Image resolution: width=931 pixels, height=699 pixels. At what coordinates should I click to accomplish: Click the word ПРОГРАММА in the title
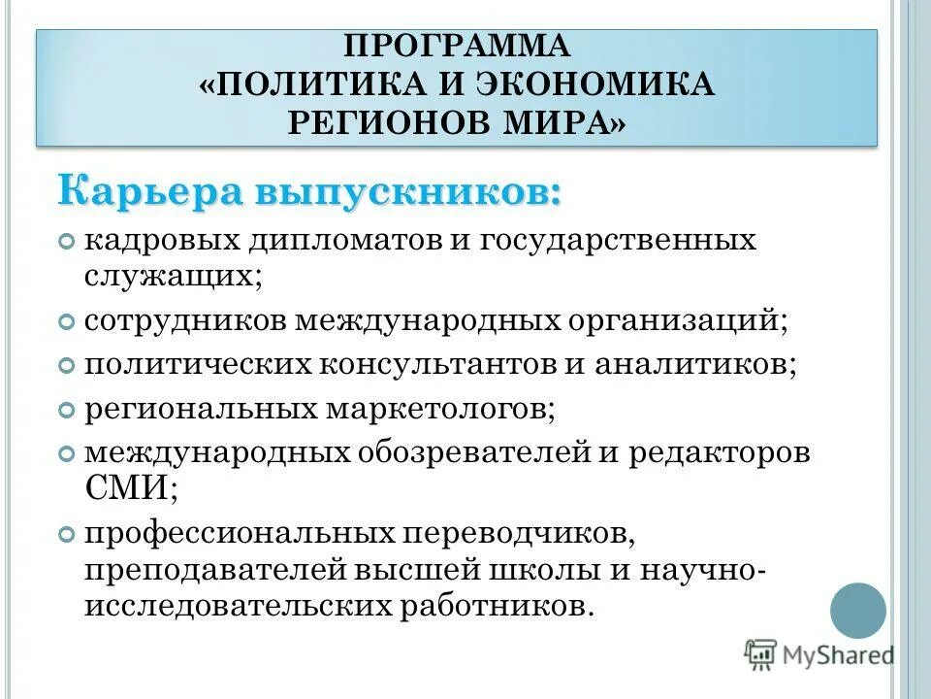[457, 46]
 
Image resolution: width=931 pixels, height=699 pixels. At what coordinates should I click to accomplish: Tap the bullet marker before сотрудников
[66, 320]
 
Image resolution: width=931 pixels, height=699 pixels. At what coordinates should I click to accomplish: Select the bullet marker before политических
[66, 366]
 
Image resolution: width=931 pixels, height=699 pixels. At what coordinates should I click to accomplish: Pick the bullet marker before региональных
[66, 411]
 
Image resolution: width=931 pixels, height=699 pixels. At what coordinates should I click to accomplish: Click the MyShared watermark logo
[819, 654]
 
